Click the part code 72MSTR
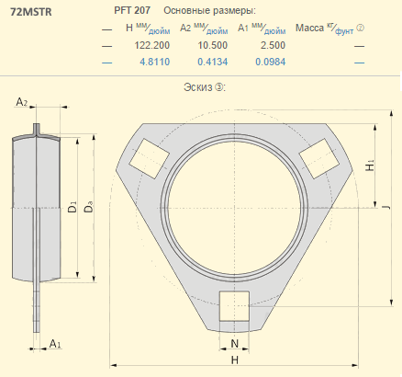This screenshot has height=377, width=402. click(31, 12)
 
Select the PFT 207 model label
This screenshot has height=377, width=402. click(132, 10)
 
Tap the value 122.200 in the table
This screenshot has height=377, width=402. click(152, 45)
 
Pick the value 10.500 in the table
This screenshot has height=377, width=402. click(213, 45)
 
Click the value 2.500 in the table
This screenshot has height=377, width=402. click(273, 45)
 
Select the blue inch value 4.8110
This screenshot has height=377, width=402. click(155, 62)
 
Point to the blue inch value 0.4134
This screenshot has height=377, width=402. click(213, 62)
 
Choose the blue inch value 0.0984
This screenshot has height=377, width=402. click(271, 62)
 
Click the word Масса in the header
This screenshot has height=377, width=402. click(309, 28)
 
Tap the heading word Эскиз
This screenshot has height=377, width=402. click(197, 87)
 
